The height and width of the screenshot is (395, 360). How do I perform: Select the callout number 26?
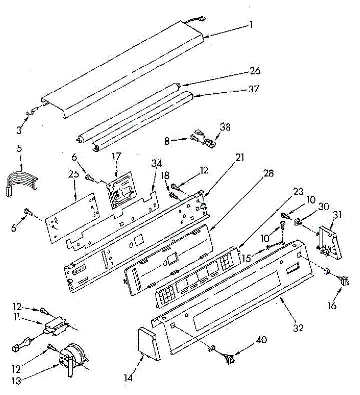[255, 71]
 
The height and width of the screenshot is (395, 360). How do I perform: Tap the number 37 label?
[253, 89]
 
